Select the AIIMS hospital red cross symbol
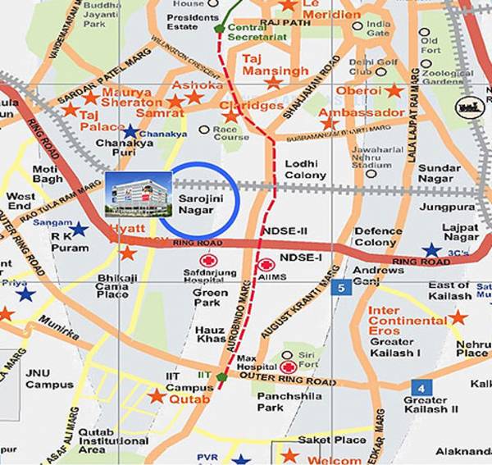pyautogui.click(x=266, y=265)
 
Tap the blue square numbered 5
pyautogui.click(x=341, y=287)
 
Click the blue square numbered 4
pyautogui.click(x=421, y=386)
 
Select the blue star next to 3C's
pyautogui.click(x=430, y=250)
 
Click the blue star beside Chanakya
pyautogui.click(x=130, y=131)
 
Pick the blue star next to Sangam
pyautogui.click(x=79, y=229)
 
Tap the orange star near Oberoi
pyautogui.click(x=394, y=90)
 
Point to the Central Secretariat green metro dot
pyautogui.click(x=219, y=29)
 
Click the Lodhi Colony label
pyautogui.click(x=306, y=170)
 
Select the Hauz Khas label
pyautogui.click(x=210, y=334)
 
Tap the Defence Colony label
pyautogui.click(x=378, y=236)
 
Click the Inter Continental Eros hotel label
pyautogui.click(x=395, y=316)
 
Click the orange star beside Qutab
pyautogui.click(x=157, y=395)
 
